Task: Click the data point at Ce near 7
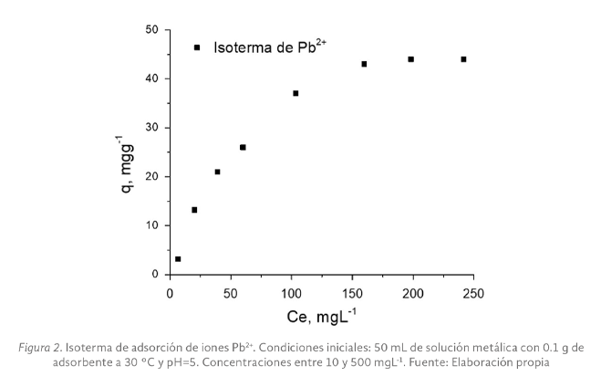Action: click(x=178, y=259)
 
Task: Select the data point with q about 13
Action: click(x=194, y=210)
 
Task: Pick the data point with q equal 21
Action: click(x=217, y=172)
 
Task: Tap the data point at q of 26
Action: click(x=243, y=147)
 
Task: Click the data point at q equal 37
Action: click(x=295, y=93)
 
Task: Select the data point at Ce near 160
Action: click(x=364, y=64)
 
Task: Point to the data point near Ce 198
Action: click(x=411, y=59)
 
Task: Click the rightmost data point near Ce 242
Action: click(x=463, y=59)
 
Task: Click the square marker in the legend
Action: click(x=197, y=47)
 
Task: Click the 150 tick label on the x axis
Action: click(x=352, y=292)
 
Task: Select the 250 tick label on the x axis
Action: click(x=473, y=292)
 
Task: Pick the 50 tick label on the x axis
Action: click(x=230, y=292)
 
